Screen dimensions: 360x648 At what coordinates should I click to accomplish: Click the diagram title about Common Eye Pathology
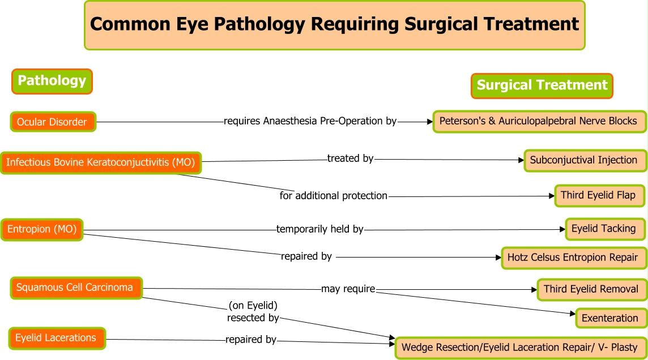[x=334, y=25]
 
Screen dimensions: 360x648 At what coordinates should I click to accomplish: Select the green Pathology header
[x=52, y=81]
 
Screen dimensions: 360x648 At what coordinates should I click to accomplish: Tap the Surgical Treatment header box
[x=542, y=85]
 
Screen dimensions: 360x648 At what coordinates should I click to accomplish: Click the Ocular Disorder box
[x=53, y=122]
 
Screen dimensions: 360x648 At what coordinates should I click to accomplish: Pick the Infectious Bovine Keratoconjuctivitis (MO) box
[x=101, y=162]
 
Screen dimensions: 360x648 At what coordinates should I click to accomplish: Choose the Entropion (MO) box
[x=42, y=229]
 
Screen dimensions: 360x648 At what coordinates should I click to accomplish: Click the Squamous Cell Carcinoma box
[x=75, y=288]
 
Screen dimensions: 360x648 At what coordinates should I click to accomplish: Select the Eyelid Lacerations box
[x=57, y=338]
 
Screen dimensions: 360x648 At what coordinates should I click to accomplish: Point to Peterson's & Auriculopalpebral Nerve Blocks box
[x=538, y=121]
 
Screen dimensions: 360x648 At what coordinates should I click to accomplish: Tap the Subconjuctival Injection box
[x=584, y=160]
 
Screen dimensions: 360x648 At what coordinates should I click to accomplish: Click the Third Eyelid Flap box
[x=599, y=195]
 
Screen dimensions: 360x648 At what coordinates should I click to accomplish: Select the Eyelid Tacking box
[x=604, y=229]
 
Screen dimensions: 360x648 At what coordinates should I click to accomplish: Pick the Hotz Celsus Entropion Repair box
[x=573, y=257]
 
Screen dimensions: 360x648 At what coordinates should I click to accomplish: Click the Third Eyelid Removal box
[x=591, y=289]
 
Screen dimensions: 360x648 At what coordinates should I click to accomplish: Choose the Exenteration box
[x=610, y=318]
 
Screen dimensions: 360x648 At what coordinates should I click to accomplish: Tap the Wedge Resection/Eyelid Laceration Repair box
[x=521, y=347]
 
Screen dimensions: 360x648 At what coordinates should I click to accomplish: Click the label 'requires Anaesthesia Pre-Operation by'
[x=310, y=121]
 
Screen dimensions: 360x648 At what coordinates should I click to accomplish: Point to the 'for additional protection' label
[x=334, y=196]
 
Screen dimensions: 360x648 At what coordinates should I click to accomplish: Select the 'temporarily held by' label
[x=320, y=229]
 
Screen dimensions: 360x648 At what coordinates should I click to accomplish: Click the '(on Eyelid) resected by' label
[x=253, y=312]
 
